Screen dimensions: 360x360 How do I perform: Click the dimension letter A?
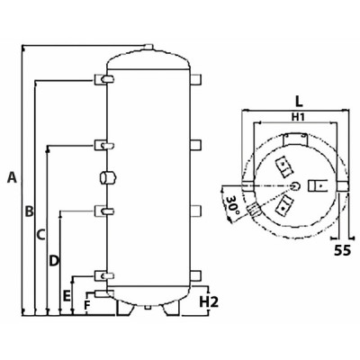point(12,177)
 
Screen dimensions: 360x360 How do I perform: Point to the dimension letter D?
point(54,260)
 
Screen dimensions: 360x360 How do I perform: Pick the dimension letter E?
point(67,295)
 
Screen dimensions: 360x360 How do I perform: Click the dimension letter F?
point(87,304)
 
